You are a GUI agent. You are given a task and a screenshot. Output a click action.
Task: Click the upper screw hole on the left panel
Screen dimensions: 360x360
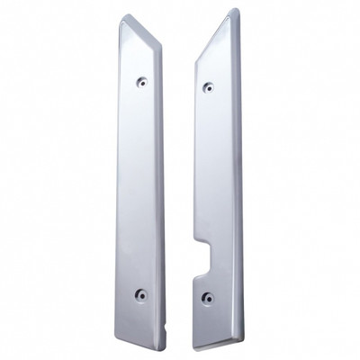pos(141,82)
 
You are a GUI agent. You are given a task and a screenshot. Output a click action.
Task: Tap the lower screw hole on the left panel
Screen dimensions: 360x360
pos(139,294)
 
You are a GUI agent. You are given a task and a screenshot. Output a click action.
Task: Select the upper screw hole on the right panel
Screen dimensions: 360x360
pos(208,87)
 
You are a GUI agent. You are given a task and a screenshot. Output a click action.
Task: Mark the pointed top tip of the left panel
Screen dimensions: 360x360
pos(122,16)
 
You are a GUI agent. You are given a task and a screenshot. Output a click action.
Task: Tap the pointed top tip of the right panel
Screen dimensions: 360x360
pos(234,12)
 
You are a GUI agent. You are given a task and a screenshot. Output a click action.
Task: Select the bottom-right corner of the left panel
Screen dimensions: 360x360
pos(161,346)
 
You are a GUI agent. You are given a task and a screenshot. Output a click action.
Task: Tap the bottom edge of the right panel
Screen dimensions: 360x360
pos(218,346)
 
